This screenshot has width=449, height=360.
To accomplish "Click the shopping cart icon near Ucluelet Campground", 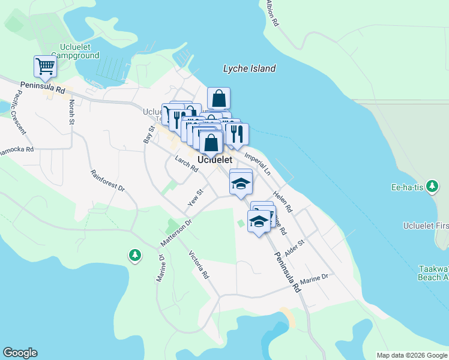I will pyautogui.click(x=45, y=67).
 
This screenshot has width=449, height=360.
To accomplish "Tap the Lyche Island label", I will pyautogui.click(x=249, y=68).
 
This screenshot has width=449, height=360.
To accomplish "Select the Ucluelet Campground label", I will pyautogui.click(x=79, y=51).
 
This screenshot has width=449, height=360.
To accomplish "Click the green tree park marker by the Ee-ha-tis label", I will pyautogui.click(x=432, y=186).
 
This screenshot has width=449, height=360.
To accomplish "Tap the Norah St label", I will pyautogui.click(x=71, y=112).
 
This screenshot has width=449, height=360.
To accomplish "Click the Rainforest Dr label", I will pyautogui.click(x=107, y=181).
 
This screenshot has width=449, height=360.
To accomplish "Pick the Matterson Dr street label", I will pyautogui.click(x=175, y=233).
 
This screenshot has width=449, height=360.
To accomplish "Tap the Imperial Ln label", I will pyautogui.click(x=259, y=163).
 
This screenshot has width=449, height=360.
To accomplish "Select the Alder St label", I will pyautogui.click(x=295, y=249).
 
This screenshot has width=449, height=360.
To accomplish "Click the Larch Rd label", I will pyautogui.click(x=187, y=164).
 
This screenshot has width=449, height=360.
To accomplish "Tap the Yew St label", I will pyautogui.click(x=196, y=198).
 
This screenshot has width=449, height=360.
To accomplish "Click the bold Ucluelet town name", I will pyautogui.click(x=215, y=160).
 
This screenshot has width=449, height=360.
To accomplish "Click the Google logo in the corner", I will pyautogui.click(x=20, y=353).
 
